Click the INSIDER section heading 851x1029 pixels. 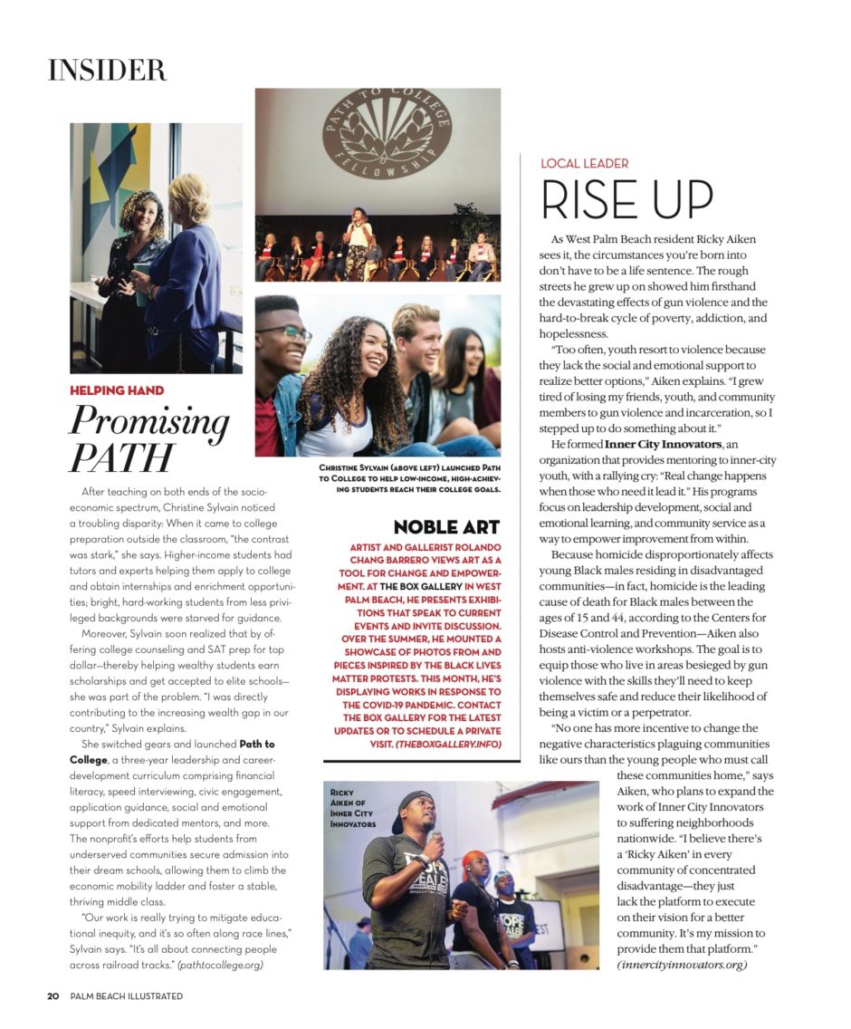107,70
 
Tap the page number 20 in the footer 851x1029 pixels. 53,996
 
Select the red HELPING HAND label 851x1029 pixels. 117,390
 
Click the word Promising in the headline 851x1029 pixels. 149,422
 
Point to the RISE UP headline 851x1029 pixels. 626,199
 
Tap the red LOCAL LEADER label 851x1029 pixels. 584,164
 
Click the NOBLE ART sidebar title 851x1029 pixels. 446,527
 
